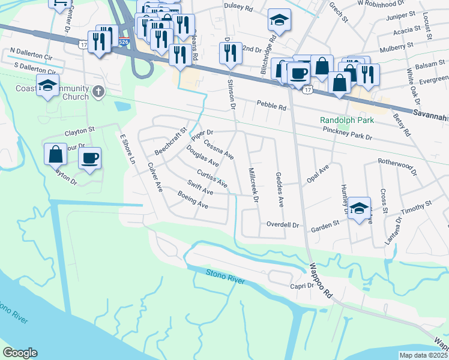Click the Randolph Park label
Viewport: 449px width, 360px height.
coord(346,120)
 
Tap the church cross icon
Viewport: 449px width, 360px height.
coord(100,92)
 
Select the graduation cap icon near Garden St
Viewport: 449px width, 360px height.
coord(360,208)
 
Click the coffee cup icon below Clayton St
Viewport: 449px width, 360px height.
coord(89,158)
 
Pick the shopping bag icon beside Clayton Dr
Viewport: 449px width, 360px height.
coord(55,154)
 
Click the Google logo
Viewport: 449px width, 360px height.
coord(20,353)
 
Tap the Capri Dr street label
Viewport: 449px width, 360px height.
coord(303,286)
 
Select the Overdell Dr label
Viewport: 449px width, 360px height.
coord(283,225)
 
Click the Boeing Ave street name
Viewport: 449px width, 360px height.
coord(193,200)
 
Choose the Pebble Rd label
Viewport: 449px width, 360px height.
coord(271,106)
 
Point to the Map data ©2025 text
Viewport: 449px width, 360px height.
coord(424,355)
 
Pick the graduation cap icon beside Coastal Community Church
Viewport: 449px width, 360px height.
coord(47,86)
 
